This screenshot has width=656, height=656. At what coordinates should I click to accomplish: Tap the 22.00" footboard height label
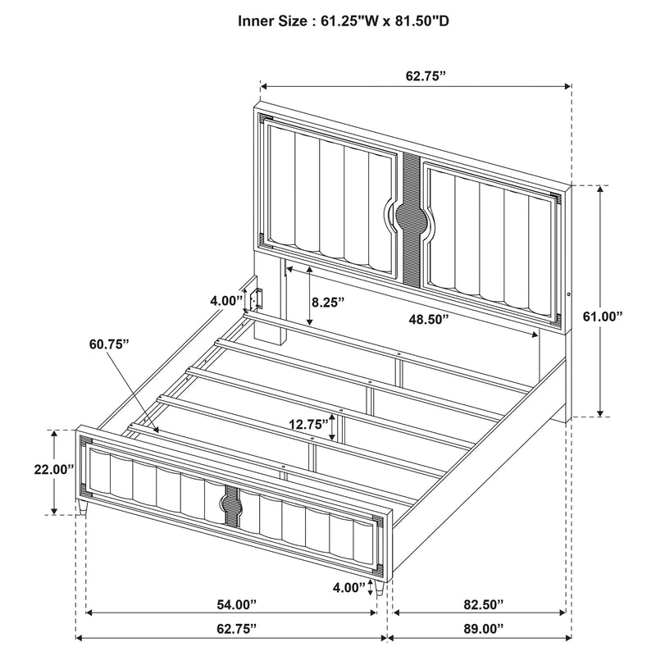[x=54, y=469]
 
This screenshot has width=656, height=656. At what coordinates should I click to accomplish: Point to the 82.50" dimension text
[x=483, y=604]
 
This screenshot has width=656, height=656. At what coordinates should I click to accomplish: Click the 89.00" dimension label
[x=483, y=628]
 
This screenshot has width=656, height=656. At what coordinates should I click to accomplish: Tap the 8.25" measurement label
[x=328, y=302]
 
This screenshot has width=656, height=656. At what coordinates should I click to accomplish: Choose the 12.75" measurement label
[x=308, y=425]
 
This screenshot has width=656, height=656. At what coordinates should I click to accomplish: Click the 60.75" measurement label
[x=109, y=344]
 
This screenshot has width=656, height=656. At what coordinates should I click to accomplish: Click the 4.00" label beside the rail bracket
[x=226, y=300]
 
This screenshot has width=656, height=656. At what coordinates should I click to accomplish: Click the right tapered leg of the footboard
[x=380, y=587]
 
